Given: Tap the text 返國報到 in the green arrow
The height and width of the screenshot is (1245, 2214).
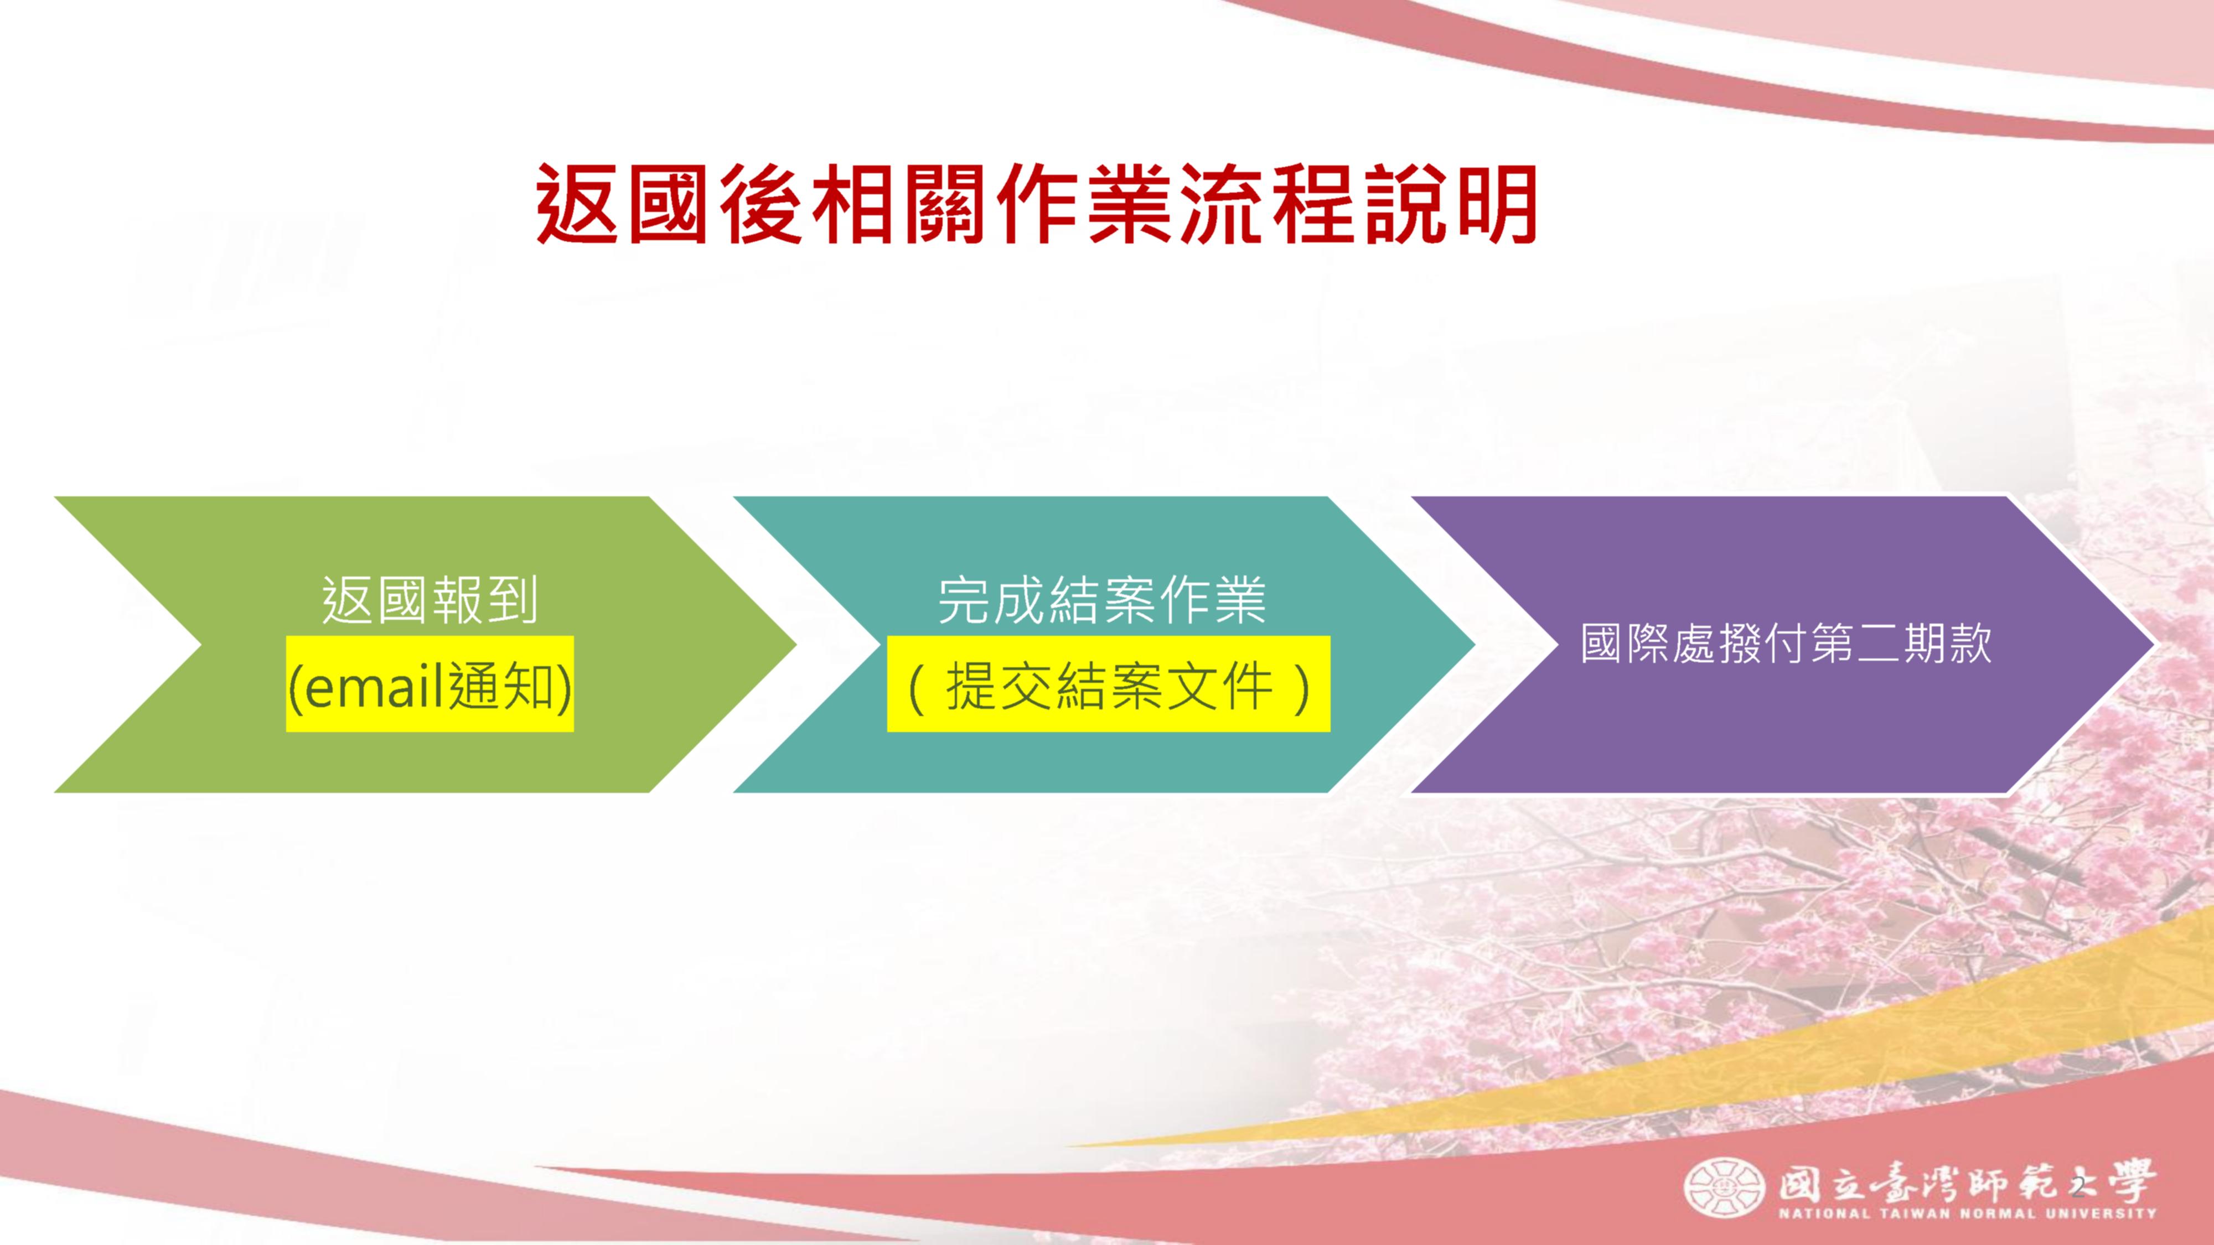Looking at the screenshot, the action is click(430, 600).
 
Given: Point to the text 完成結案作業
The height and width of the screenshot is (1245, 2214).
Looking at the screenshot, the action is click(1102, 600).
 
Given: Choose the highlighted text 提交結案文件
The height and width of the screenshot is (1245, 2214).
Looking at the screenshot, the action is click(1109, 687).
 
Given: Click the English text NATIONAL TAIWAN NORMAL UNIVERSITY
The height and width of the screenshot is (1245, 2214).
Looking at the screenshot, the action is click(1967, 1214).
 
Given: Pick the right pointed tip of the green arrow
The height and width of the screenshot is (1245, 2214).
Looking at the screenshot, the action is click(796, 645).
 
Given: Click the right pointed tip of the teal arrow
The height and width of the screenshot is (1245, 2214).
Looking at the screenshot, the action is click(1475, 645).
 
